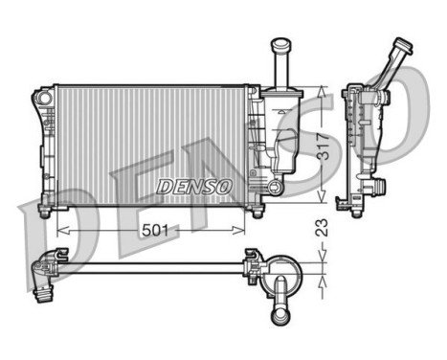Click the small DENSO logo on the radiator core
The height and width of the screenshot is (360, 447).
[x=193, y=185]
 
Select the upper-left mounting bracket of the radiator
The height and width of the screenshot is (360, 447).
[x=43, y=99]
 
